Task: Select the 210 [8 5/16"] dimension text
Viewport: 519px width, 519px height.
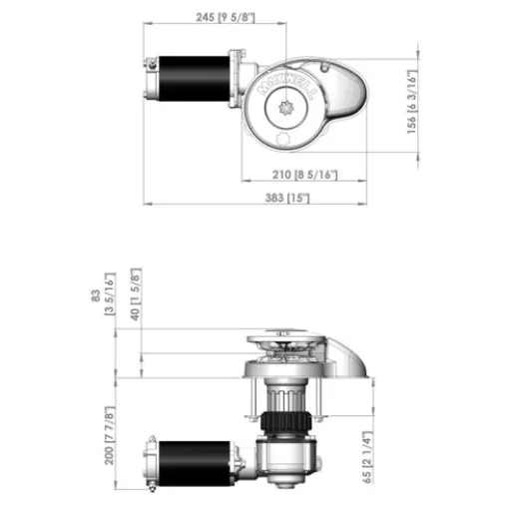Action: tap(302, 177)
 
